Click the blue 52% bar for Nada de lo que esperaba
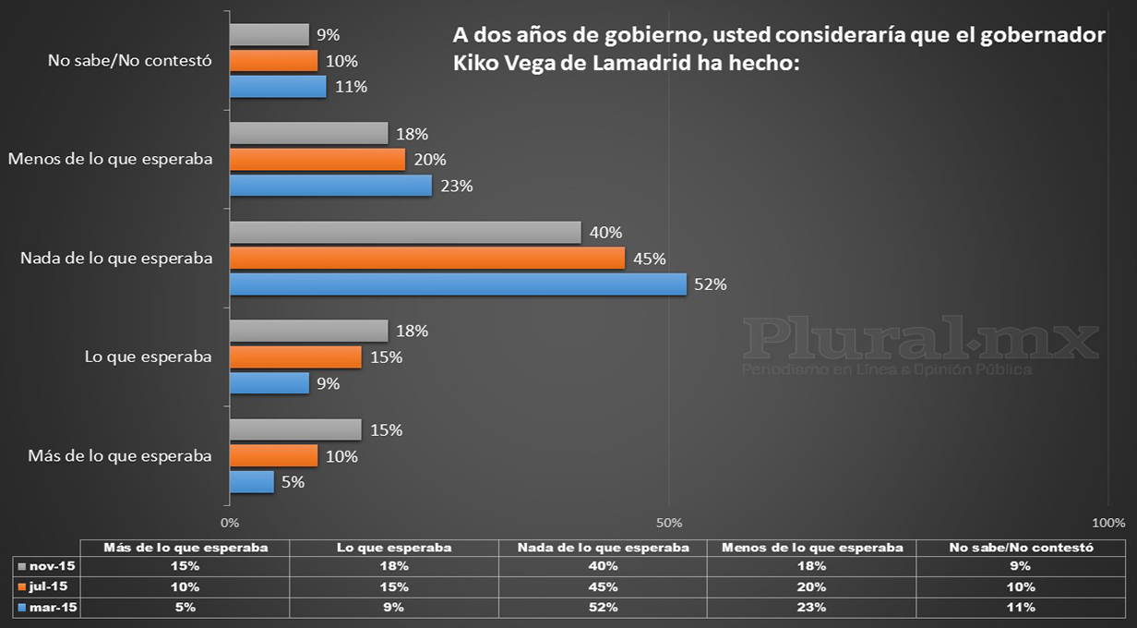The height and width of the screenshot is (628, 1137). coord(457,284)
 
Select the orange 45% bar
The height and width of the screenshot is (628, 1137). coord(426,259)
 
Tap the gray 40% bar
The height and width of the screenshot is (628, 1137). coord(404,233)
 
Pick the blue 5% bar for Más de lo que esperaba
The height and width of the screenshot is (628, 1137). coord(251,481)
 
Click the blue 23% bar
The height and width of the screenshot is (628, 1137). coord(329,186)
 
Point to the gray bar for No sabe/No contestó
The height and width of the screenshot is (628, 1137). coord(269,35)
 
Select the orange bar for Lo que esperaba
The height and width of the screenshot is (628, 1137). coord(294,356)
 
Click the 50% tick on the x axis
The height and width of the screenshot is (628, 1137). coord(669,523)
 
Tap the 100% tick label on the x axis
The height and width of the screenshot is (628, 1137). coord(1108,523)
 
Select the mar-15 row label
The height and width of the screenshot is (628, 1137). coord(48,607)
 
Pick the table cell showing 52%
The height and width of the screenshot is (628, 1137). coord(603,607)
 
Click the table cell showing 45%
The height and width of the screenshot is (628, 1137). coord(603,586)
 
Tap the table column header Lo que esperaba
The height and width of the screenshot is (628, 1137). coord(394,547)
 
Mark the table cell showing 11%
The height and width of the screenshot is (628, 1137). coord(1021,607)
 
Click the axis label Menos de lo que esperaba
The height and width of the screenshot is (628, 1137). coord(110,159)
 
